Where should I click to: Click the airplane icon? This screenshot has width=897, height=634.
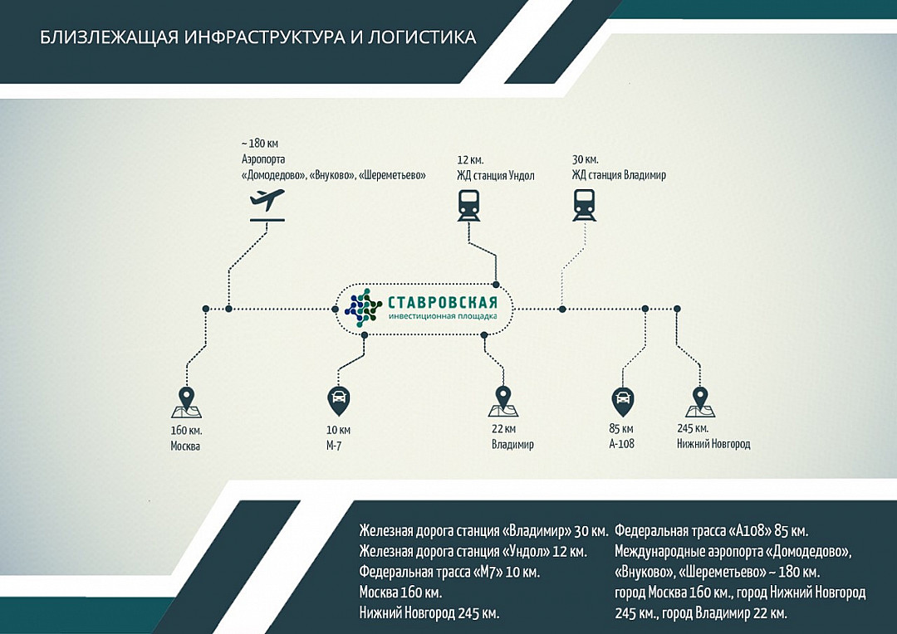click(x=267, y=205)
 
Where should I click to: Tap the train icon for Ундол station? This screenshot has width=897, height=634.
click(x=468, y=206)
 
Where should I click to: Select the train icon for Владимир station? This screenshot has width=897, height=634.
click(x=584, y=206)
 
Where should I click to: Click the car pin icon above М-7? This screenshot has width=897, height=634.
click(x=338, y=401)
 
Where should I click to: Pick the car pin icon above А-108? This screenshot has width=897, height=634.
click(x=622, y=402)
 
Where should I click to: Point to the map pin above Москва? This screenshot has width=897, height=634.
click(x=187, y=402)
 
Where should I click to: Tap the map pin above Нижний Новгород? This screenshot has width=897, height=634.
click(x=700, y=402)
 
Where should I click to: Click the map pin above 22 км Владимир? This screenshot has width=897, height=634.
click(x=503, y=401)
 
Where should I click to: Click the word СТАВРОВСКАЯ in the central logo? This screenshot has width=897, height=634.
click(x=442, y=302)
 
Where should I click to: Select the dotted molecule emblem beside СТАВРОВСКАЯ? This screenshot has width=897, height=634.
click(x=363, y=308)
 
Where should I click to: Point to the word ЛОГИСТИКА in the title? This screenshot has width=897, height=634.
click(x=422, y=37)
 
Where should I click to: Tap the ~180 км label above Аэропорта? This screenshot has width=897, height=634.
click(x=260, y=144)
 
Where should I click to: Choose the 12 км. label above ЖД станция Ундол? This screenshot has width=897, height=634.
click(x=470, y=160)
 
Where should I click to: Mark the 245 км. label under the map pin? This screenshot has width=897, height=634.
click(x=693, y=428)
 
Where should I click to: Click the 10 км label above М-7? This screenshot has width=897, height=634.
click(x=338, y=430)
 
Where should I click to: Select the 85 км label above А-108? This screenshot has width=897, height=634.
click(x=621, y=428)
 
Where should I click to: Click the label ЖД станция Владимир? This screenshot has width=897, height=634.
click(x=619, y=175)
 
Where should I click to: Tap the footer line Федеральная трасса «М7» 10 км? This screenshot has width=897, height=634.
click(x=449, y=572)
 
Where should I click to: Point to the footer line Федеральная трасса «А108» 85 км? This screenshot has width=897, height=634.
click(x=712, y=531)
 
